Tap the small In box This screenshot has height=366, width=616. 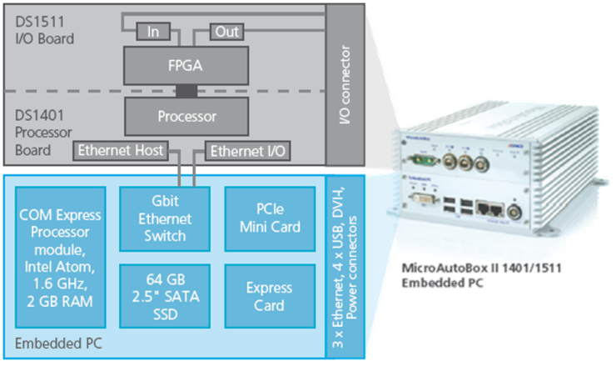[x=153, y=32]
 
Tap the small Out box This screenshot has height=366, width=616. [x=226, y=32]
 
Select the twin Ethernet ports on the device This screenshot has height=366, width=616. [x=487, y=206]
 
